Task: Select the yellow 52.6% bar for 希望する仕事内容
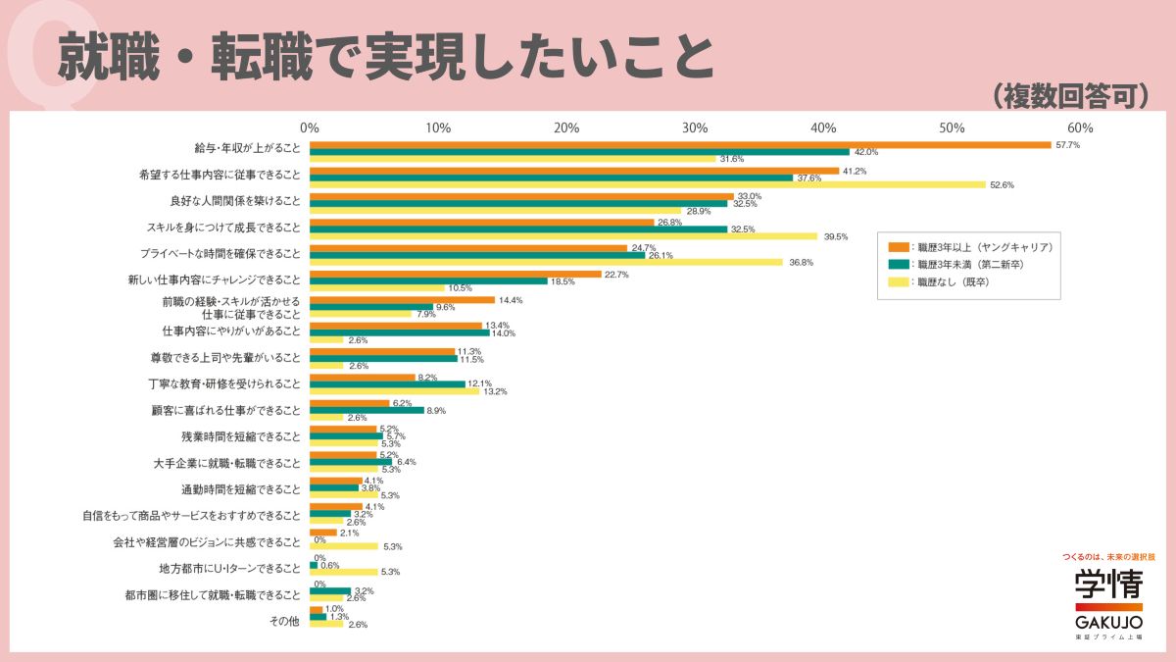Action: [x=647, y=184]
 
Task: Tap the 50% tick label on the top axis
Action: [x=952, y=128]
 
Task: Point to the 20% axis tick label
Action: [x=566, y=128]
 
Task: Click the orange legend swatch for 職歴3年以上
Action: [x=896, y=247]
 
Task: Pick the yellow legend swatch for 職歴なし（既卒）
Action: [x=896, y=282]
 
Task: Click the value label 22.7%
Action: [x=617, y=275]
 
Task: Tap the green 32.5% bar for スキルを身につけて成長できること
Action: [x=518, y=229]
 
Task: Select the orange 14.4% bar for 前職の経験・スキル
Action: [x=402, y=299]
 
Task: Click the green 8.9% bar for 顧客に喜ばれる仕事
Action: [x=367, y=410]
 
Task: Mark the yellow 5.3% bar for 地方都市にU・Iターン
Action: [x=343, y=572]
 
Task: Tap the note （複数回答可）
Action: [x=1069, y=95]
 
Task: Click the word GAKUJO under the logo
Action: [x=1108, y=623]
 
